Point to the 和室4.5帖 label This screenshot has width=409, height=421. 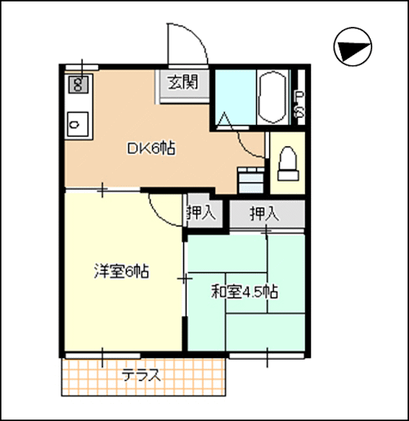[245, 292]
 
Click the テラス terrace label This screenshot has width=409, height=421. [141, 377]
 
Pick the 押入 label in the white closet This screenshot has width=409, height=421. [200, 214]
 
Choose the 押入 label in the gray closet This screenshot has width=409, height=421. [263, 214]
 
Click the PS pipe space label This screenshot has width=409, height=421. [299, 103]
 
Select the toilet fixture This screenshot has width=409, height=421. [287, 164]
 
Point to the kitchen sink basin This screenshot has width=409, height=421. [76, 124]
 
